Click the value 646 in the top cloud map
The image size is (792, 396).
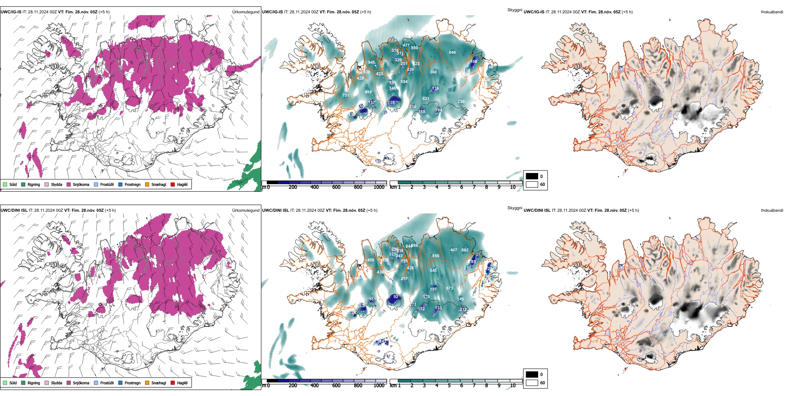coord(452,53)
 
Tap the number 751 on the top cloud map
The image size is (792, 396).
coord(346,95)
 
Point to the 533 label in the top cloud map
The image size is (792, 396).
coord(426,99)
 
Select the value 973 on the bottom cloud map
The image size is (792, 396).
coord(449,288)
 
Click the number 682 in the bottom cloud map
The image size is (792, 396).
coord(465,250)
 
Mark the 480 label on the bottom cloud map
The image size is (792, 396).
coord(371,260)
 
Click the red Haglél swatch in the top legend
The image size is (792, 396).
coord(173,184)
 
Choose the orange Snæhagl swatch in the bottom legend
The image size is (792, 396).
coord(147,383)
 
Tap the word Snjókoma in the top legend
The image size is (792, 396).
coord(81,184)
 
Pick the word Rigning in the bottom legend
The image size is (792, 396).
coord(34,383)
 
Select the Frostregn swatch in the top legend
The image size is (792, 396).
coord(120,184)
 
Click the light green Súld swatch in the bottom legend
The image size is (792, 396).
coord(5,383)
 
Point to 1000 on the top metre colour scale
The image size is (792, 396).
coord(379,187)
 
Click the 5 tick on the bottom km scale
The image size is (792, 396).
coord(449,386)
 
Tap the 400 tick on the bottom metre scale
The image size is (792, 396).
coord(314,386)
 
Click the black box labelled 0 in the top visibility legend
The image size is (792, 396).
coord(532,176)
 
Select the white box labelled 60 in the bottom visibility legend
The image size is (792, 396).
coord(532,382)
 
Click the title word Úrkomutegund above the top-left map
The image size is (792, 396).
coord(246,12)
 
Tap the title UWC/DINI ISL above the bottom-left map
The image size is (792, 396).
coord(14,210)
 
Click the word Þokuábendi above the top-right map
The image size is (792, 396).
coord(772,12)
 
